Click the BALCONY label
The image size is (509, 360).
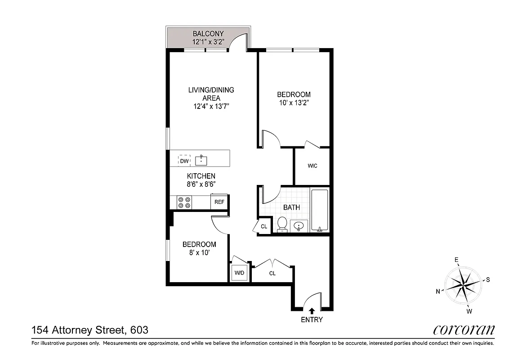pos(208,34)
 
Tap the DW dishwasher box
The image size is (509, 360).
pos(183,161)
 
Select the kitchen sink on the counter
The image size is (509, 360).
pos(201,160)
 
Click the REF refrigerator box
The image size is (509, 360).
pos(219,202)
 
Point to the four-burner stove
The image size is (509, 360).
pos(184,202)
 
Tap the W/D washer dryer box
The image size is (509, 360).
pos(239,273)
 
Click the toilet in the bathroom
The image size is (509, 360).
pos(282,224)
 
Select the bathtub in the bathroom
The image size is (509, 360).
pos(320,210)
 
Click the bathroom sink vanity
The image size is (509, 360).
pos(298,225)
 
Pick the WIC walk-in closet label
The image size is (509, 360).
pos(313,166)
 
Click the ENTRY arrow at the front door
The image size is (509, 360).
pos(312,310)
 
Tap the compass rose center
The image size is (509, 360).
pos(463,284)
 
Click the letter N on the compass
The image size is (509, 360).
pos(438,291)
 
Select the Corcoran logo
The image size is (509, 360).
pos(464,330)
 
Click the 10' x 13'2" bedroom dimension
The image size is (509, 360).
pos(294,103)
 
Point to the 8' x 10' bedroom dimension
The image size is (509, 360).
pos(199,252)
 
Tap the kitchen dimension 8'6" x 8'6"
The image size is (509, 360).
pos(201,184)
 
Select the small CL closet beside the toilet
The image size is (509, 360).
pos(264,227)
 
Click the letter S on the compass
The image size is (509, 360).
pos(488,279)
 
